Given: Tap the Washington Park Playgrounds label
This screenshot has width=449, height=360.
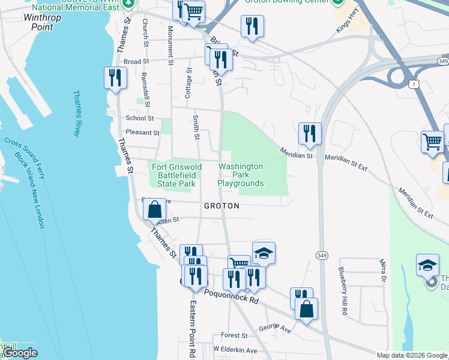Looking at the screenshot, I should point(241,175).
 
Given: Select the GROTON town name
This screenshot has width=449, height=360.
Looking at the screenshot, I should point(221,206).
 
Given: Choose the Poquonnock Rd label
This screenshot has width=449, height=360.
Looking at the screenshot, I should point(231,296).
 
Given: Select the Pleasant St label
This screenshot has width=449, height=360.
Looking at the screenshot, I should point(142,133).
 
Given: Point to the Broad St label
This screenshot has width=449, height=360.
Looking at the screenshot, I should point(136,61).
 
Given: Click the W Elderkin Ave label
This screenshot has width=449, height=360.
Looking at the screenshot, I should point(235,350).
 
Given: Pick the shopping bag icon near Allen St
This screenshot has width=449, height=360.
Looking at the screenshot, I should point(155,210).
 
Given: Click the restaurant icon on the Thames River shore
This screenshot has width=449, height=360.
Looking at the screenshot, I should point(115,78).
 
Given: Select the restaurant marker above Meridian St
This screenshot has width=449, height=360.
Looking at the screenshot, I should point(310,134).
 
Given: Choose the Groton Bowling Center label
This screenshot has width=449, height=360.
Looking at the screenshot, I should point(287,2).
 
